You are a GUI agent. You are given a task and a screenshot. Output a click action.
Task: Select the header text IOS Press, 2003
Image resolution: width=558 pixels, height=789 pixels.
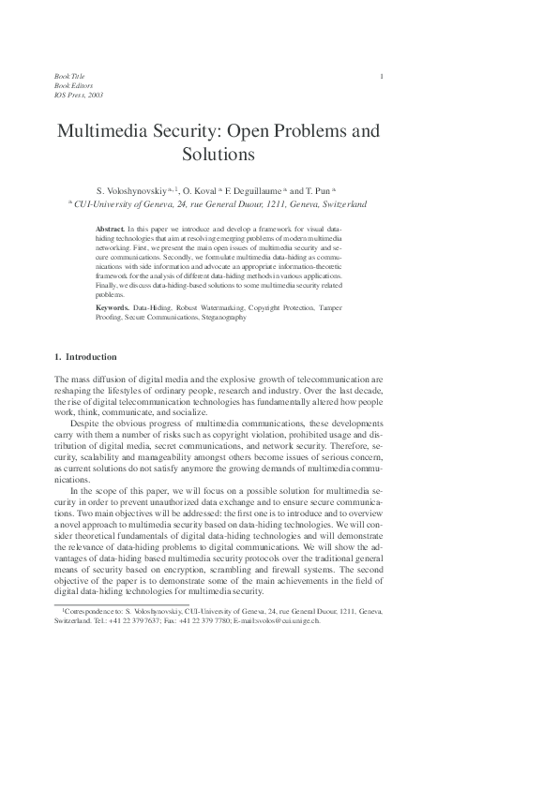click(80, 95)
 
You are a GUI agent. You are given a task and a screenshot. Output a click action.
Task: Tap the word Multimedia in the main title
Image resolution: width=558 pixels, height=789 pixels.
click(105, 130)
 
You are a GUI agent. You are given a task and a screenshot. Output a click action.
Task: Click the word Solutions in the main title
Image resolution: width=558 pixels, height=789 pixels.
click(219, 153)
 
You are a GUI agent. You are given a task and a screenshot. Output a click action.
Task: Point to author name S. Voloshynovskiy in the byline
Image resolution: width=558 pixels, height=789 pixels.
click(132, 188)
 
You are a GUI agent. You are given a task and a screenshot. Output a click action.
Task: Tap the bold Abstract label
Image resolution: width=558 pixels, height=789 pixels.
click(112, 230)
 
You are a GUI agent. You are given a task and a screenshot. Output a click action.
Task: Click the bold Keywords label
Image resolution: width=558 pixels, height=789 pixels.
click(114, 307)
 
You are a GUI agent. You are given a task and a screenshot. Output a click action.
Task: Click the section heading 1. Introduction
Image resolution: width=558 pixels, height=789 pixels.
click(85, 357)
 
